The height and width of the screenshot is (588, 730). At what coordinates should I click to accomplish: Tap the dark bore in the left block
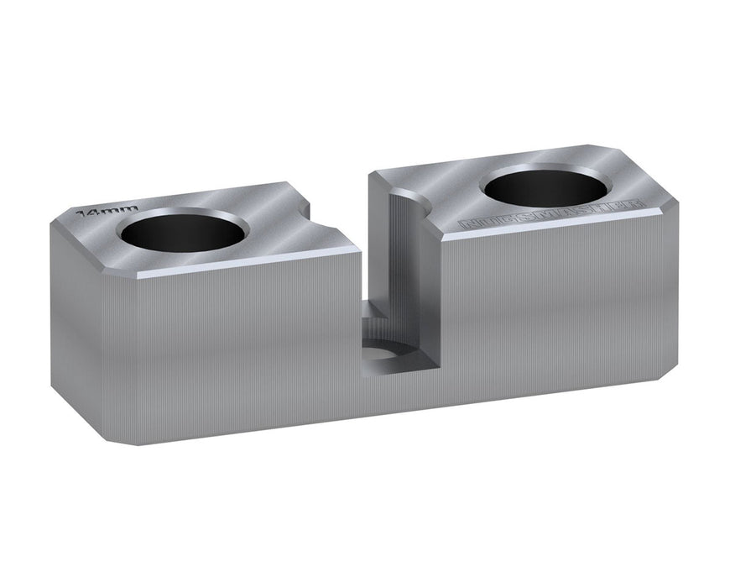tap(184, 231)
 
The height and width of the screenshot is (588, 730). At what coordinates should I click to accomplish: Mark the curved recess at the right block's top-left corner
tap(411, 202)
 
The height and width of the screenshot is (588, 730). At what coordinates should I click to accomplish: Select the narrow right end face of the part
tap(670, 286)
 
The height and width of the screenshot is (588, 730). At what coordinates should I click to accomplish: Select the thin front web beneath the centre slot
tap(394, 395)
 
